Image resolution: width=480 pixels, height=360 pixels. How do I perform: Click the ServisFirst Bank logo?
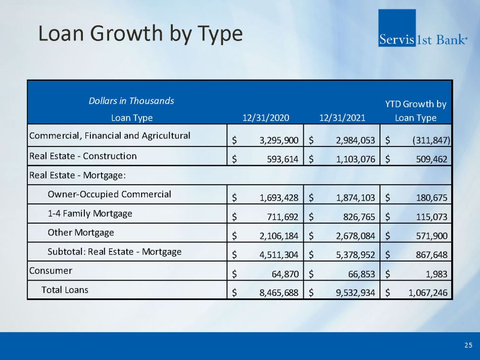point(422,29)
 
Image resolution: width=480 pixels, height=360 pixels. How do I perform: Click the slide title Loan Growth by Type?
point(140,34)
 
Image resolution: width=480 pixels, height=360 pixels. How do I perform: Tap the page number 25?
point(468,345)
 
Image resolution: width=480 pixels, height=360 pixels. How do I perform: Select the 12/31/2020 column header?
point(266,118)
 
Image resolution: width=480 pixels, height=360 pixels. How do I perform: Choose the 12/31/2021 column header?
point(342,118)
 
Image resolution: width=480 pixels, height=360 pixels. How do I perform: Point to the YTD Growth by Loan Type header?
point(416,111)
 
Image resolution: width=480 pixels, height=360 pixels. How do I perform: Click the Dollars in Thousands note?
point(131,100)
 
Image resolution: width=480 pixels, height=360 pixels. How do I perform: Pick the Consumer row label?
point(51,271)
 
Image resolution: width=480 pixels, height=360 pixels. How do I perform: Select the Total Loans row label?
point(65,290)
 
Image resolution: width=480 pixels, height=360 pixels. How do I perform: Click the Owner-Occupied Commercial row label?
point(109,194)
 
